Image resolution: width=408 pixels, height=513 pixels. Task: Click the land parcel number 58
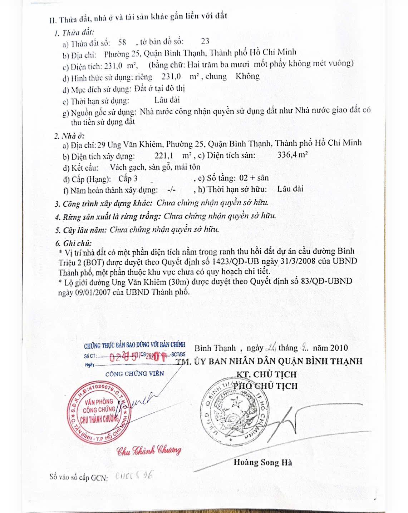tap(122, 42)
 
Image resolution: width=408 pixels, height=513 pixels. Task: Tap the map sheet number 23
tap(205, 41)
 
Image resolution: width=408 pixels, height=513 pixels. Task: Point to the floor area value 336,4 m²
tap(293, 155)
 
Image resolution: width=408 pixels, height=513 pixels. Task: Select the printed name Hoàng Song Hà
tap(262, 463)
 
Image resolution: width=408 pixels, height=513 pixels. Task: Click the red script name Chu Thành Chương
tap(149, 451)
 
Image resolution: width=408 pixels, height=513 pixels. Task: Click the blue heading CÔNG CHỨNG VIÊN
tap(134, 374)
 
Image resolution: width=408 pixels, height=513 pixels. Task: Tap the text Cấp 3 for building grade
tap(128, 179)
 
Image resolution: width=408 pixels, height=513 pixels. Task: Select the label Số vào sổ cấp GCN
tap(79, 477)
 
